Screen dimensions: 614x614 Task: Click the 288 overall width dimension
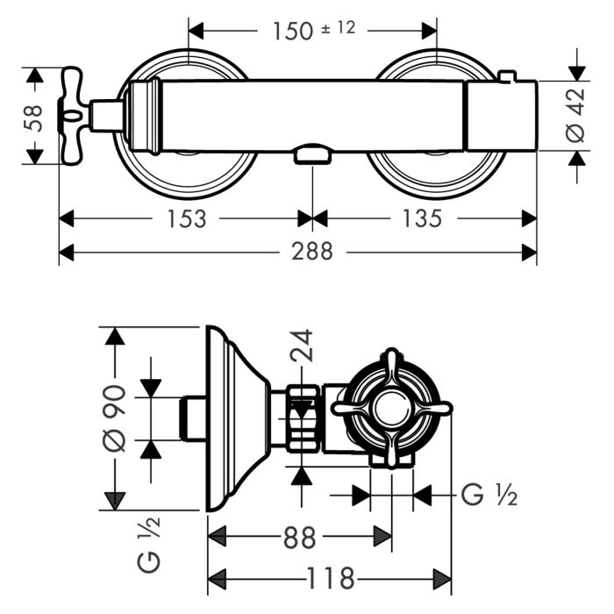(x=313, y=252)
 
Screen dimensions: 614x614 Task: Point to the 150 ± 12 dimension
(x=313, y=30)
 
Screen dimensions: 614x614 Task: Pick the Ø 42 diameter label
(x=575, y=116)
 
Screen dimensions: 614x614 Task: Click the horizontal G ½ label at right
(x=489, y=496)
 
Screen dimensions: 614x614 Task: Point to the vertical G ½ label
(x=148, y=544)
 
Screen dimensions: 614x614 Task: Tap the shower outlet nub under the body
(x=313, y=155)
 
